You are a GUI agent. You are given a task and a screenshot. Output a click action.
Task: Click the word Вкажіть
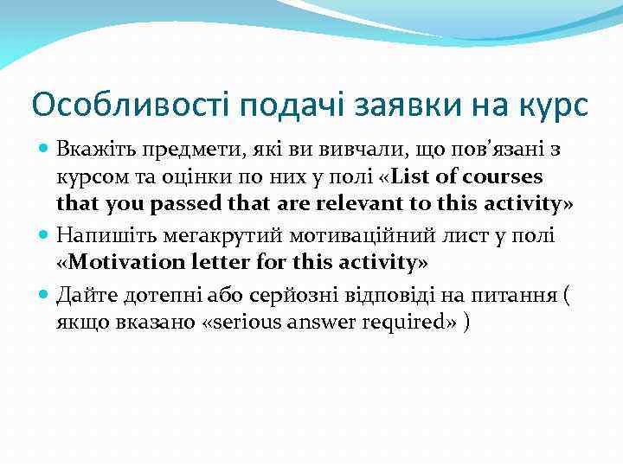(90, 149)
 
